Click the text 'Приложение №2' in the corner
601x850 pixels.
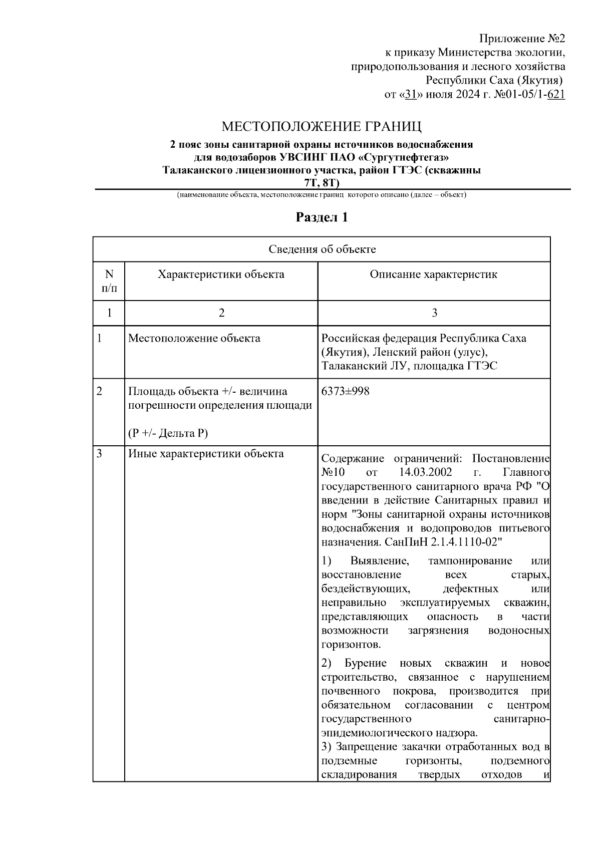[x=522, y=39]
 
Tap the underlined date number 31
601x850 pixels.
[x=411, y=94]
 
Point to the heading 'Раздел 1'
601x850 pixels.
[x=322, y=217]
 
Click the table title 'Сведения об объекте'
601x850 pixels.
[x=322, y=249]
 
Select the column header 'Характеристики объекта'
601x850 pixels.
[x=221, y=274]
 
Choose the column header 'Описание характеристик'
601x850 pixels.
[x=434, y=274]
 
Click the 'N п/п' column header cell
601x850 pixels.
[x=109, y=281]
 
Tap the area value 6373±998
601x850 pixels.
[x=346, y=391]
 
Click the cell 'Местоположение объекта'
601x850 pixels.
[x=194, y=338]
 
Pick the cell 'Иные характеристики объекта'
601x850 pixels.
[x=206, y=454]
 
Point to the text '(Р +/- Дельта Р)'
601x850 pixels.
[x=167, y=433]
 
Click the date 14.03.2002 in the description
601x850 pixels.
[x=426, y=472]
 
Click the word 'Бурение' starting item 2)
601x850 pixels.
[x=366, y=664]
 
